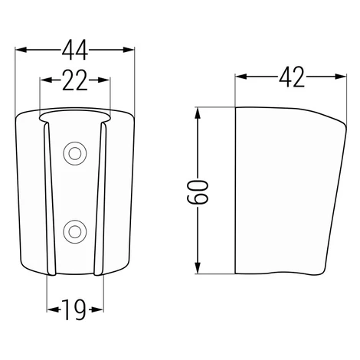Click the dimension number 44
pos(75,50)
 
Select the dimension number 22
pos(75,80)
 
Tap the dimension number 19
pos(74,309)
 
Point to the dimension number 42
pos(292,77)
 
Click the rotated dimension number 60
pos(198,192)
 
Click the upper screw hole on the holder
pos(75,154)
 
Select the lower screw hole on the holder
pos(75,232)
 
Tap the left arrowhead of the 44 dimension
pos(21,50)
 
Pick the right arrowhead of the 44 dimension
pos(129,50)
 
